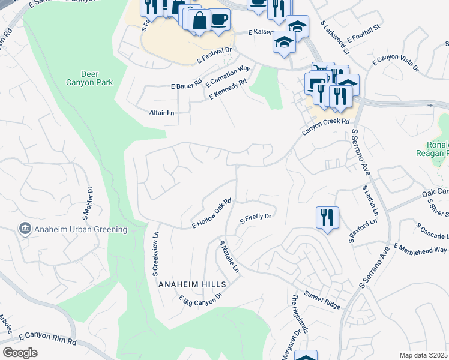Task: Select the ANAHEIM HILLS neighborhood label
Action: tap(192, 284)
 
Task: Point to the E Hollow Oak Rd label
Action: tap(212, 214)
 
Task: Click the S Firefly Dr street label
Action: tap(256, 217)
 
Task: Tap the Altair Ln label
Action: tap(161, 113)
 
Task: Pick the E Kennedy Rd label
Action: tap(228, 90)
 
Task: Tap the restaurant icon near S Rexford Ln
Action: tap(327, 218)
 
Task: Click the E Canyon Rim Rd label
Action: tap(48, 340)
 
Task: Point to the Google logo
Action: tap(20, 353)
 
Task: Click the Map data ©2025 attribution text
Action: tap(423, 355)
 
